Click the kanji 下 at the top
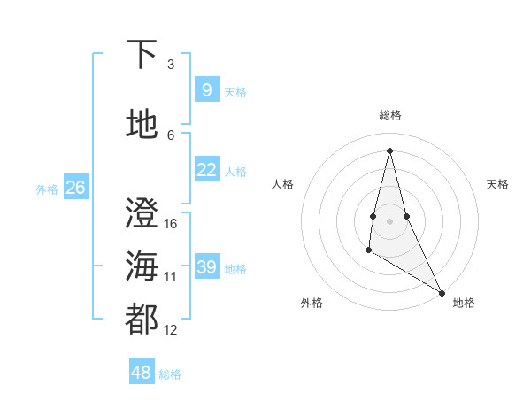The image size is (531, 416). (142, 56)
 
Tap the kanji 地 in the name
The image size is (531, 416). (142, 126)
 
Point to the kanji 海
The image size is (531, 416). (142, 266)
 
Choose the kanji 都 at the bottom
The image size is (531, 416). (142, 320)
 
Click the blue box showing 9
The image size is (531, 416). (206, 89)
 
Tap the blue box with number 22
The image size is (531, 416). (206, 170)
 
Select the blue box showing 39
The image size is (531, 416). (206, 267)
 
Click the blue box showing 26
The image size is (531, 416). (75, 187)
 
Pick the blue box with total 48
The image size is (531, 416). (141, 373)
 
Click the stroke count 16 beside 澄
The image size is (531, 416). (171, 223)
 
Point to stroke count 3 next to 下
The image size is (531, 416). (171, 65)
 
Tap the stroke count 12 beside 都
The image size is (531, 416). (171, 329)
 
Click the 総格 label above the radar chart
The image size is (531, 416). (390, 115)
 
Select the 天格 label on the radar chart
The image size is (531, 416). (497, 184)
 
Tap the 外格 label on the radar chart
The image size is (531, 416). (312, 303)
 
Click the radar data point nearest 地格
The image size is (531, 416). (442, 292)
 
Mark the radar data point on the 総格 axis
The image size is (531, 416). (389, 150)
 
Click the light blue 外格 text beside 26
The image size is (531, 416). (47, 189)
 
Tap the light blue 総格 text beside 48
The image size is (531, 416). (170, 374)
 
